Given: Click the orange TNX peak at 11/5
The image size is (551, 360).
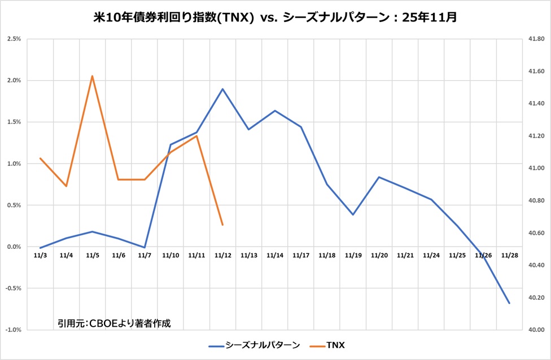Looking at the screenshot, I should (x=93, y=76).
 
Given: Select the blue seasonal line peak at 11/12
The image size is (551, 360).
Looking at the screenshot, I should (x=223, y=89).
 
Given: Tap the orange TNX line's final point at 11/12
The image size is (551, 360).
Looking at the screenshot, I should (x=223, y=225).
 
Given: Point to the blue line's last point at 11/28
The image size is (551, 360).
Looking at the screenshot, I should (x=509, y=304).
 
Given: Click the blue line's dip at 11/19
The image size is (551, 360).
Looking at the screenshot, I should (x=353, y=214).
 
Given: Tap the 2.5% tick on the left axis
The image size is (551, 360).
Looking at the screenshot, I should (x=14, y=39).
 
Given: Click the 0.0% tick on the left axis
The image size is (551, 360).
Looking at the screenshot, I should (x=14, y=247).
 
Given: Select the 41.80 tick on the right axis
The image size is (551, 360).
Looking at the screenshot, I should (x=536, y=39).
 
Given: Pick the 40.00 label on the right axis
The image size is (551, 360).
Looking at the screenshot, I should (x=536, y=330).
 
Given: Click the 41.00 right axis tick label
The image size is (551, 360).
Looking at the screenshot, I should (x=536, y=168).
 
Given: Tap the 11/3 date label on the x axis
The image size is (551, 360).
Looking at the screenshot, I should (x=40, y=256).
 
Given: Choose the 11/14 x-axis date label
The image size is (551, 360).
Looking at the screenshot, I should (x=275, y=256).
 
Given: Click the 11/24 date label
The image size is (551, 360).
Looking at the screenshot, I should (x=431, y=256).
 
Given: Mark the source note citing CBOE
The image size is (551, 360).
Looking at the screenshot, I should (x=113, y=323).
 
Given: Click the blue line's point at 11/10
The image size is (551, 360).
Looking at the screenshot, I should (x=170, y=144).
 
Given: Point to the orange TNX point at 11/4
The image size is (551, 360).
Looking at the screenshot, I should (x=67, y=186).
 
